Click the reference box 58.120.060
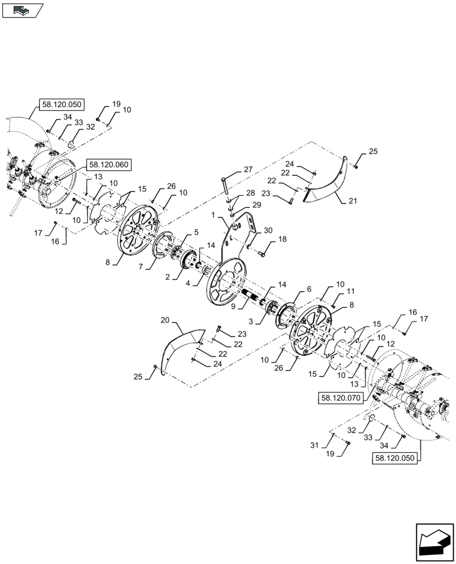pyautogui.click(x=108, y=165)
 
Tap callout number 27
pyautogui.click(x=248, y=169)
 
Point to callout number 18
pyautogui.click(x=282, y=239)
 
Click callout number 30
pyautogui.click(x=268, y=230)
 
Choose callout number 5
pyautogui.click(x=195, y=232)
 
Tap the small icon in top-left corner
pyautogui.click(x=22, y=9)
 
